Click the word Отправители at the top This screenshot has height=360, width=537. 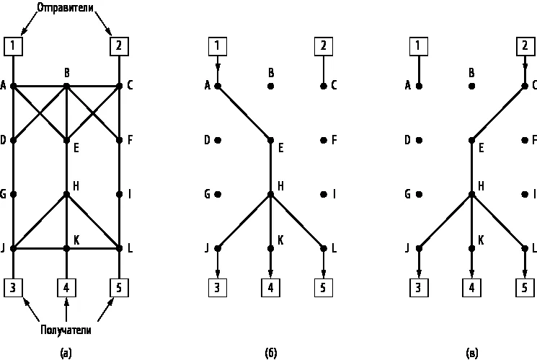(x=65, y=8)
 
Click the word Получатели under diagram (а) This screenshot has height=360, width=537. (x=66, y=330)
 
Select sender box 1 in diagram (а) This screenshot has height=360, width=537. (x=13, y=46)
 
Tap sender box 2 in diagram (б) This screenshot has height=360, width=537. (x=324, y=46)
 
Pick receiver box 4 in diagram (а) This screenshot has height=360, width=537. (x=66, y=288)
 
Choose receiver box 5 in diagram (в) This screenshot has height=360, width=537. (x=525, y=288)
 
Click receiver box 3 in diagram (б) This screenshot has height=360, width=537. (x=218, y=288)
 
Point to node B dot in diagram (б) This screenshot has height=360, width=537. (x=270, y=86)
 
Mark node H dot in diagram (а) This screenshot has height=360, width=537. (x=66, y=194)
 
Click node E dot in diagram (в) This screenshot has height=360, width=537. (x=471, y=140)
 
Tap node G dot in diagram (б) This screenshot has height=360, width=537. (x=218, y=194)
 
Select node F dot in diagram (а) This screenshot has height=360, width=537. (x=119, y=140)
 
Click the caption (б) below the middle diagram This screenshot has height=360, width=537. (x=270, y=353)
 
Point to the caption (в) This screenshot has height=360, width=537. (x=471, y=353)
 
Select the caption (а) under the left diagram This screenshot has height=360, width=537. (x=66, y=353)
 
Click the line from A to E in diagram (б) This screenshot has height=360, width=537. (x=244, y=113)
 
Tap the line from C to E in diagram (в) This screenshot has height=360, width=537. (x=498, y=113)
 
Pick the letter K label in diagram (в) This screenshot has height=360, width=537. (x=481, y=240)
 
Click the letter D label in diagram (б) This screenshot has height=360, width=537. (x=207, y=140)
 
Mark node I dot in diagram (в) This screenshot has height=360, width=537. (x=525, y=194)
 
